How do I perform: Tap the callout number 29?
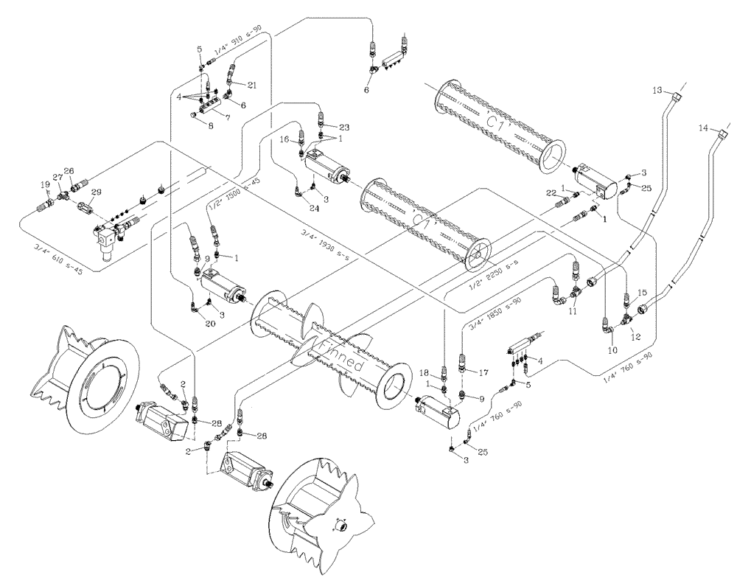click(96, 191)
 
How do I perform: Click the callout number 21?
click(253, 86)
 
